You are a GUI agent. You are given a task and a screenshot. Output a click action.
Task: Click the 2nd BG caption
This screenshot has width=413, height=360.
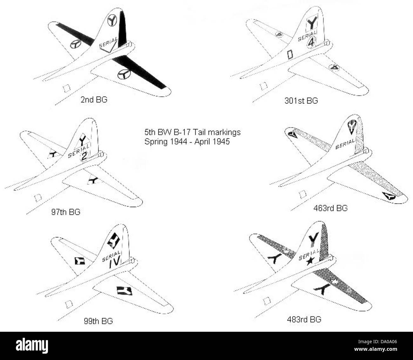[94, 100]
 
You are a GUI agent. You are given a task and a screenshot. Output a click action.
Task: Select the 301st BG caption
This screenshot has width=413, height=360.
[301, 101]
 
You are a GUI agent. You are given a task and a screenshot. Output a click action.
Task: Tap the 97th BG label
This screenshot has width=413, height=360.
[65, 212]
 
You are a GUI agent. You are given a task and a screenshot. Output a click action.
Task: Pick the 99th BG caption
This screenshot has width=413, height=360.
[98, 321]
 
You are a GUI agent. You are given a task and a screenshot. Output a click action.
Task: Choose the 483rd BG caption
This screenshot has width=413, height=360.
[304, 319]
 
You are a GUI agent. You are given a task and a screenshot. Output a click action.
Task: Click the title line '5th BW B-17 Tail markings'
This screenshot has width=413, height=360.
[192, 132]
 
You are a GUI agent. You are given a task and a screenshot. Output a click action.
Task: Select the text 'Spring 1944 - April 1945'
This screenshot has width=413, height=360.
[187, 141]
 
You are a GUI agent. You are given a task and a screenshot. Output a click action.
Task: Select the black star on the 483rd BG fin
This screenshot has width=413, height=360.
[311, 260]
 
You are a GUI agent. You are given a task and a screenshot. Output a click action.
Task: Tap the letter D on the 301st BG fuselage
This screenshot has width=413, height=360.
[289, 55]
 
